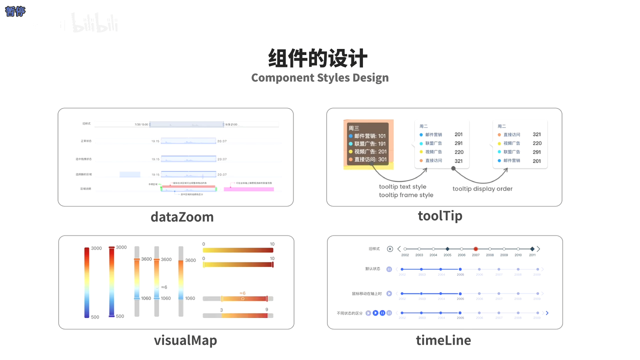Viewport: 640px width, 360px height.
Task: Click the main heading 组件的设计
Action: pos(318,58)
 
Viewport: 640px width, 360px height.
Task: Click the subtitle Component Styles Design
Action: pos(319,77)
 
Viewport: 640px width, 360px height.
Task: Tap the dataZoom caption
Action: pos(182,217)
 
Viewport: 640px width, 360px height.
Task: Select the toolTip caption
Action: pos(440,215)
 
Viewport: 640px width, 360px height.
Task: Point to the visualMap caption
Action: pos(185,340)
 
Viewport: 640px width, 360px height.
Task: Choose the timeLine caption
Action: pos(443,340)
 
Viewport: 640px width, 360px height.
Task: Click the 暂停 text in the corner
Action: pos(15,11)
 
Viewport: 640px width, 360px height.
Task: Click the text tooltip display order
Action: pos(482,189)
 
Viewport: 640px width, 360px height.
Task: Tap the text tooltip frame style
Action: pos(406,195)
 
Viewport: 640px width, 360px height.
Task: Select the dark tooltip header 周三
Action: pos(354,128)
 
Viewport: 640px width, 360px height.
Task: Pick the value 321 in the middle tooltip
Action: pos(458,161)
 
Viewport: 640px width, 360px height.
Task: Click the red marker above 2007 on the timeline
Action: pos(475,248)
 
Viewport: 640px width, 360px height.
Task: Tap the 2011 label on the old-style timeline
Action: pos(532,255)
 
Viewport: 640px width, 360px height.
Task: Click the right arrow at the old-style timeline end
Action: pos(538,248)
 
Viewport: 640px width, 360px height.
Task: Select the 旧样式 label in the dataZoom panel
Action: pos(87,123)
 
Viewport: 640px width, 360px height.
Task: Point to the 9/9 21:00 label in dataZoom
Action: pos(231,124)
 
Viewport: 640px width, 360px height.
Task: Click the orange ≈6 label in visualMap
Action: pos(242,293)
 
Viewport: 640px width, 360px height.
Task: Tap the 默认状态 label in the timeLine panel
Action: pos(372,269)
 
